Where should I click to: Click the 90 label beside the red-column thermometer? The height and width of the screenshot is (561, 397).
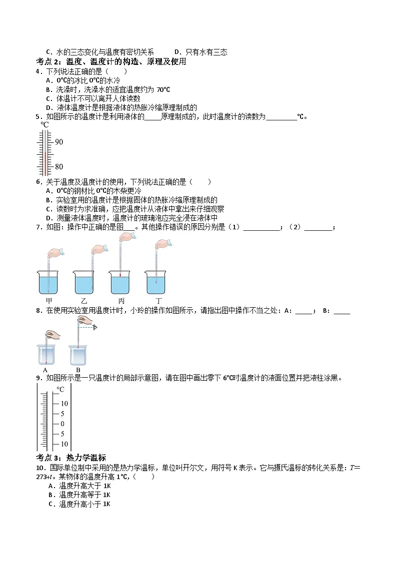pyautogui.click(x=59, y=142)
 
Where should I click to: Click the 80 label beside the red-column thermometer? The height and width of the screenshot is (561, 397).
pyautogui.click(x=59, y=166)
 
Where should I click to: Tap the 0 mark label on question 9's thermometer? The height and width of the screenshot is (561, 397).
pyautogui.click(x=62, y=424)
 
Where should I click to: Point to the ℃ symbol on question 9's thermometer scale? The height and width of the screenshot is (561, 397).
pyautogui.click(x=60, y=389)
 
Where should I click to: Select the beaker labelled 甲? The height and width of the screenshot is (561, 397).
pyautogui.click(x=48, y=282)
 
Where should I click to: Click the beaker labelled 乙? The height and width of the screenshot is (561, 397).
pyautogui.click(x=84, y=282)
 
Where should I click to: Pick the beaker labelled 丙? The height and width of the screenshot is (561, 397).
pyautogui.click(x=120, y=282)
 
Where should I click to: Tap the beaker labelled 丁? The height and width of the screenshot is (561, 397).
pyautogui.click(x=156, y=282)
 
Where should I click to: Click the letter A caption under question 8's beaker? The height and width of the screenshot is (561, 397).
pyautogui.click(x=45, y=370)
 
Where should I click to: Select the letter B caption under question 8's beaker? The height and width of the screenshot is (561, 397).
pyautogui.click(x=78, y=370)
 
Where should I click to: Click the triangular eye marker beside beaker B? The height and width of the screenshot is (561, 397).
pyautogui.click(x=94, y=327)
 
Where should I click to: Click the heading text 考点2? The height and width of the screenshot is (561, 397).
pyautogui.click(x=48, y=61)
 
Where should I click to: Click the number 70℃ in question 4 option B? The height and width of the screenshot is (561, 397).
pyautogui.click(x=163, y=89)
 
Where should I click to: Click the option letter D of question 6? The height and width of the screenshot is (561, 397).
pyautogui.click(x=48, y=218)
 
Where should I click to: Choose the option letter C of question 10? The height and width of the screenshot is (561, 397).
pyautogui.click(x=51, y=504)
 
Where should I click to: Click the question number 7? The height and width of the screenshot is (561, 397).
pyautogui.click(x=38, y=227)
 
